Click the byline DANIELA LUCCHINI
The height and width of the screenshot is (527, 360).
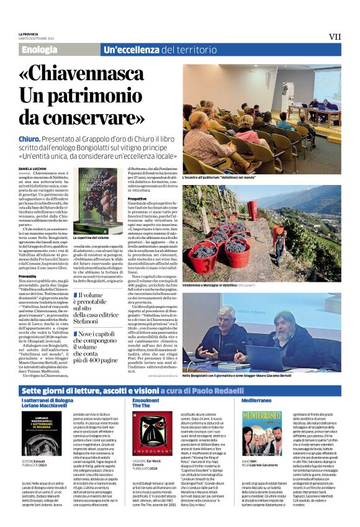[34, 169]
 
